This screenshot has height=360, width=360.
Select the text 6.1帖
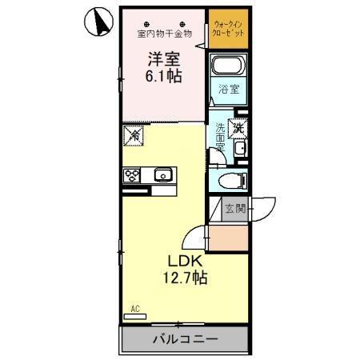(162, 77)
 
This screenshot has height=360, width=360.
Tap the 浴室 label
(229, 90)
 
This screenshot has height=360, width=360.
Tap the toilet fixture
(232, 180)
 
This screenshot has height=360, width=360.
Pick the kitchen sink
(163, 174)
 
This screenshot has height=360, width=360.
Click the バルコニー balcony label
(184, 339)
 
